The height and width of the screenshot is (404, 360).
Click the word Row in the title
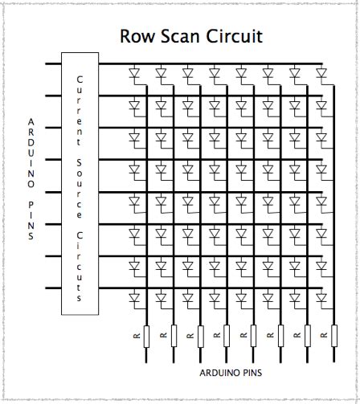point(137,36)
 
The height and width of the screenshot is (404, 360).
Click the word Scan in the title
point(178,36)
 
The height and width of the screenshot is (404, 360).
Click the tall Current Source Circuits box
point(80,183)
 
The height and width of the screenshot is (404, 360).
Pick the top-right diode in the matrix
point(321,75)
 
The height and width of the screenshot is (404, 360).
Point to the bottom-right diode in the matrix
point(321,299)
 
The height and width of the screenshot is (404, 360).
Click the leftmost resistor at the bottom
point(147,336)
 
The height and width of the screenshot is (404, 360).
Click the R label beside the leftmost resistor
point(136,335)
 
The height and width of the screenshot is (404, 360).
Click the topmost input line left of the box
point(53,63)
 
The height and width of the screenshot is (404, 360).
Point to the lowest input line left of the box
point(53,288)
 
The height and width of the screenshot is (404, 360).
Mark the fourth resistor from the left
point(227,336)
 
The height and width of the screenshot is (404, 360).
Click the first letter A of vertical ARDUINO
point(31,123)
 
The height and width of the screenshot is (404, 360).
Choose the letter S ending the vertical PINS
point(31,237)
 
